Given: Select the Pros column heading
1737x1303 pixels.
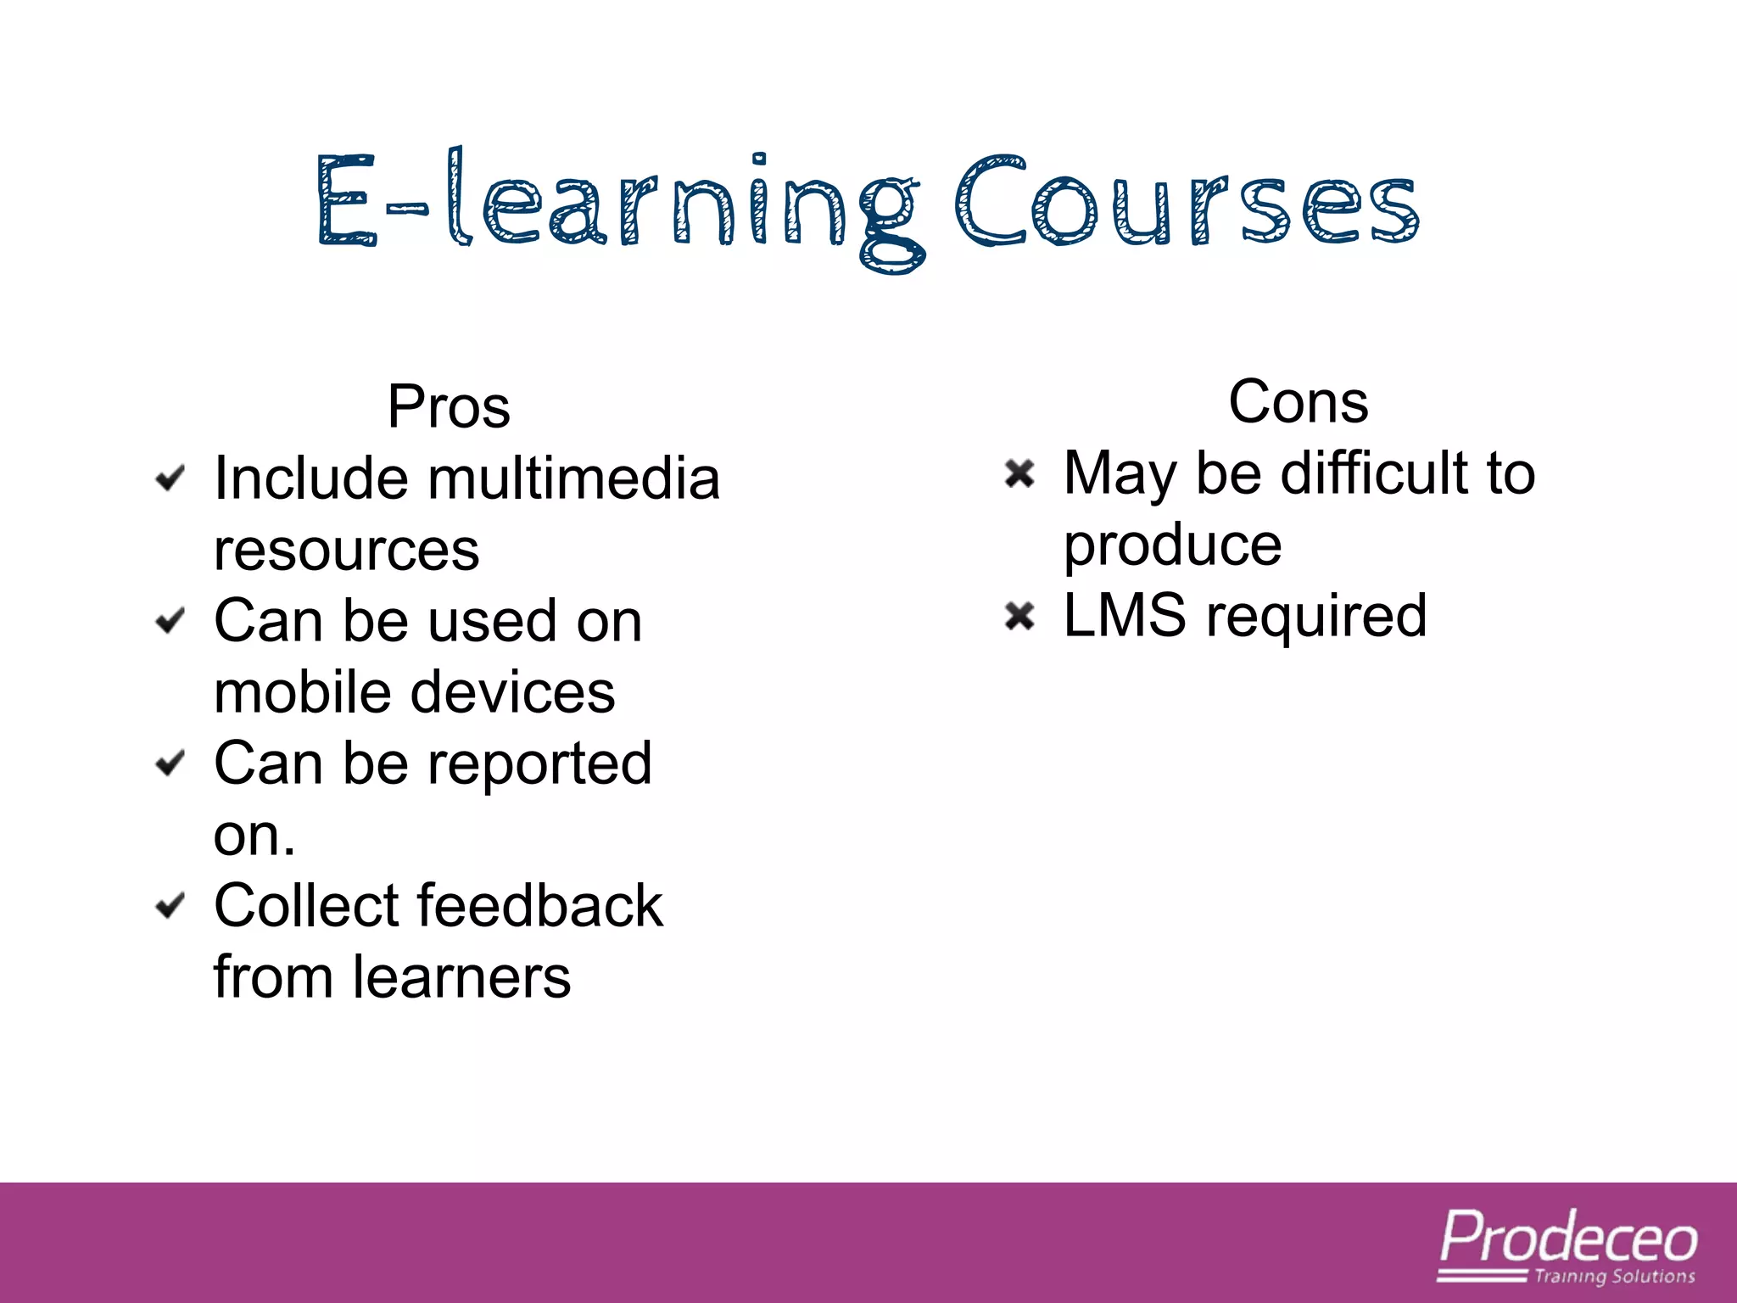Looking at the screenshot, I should click(449, 407).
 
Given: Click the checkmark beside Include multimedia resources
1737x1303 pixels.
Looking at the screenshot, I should click(170, 478).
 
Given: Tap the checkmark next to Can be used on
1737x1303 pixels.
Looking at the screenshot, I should click(170, 621).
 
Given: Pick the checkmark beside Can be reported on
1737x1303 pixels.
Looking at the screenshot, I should click(170, 763).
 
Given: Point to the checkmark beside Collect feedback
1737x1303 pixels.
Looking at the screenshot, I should click(170, 906).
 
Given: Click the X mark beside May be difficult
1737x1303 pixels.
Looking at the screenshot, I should click(1019, 473).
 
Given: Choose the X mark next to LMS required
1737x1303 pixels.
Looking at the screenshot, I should click(1019, 616).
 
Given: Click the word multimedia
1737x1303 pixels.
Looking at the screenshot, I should click(574, 478).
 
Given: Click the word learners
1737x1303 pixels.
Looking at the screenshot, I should click(461, 977).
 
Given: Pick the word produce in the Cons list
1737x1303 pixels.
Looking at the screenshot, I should click(1172, 546).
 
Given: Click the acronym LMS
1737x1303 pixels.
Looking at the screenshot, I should click(1125, 616).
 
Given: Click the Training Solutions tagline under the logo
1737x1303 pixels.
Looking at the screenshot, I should click(1614, 1276).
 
